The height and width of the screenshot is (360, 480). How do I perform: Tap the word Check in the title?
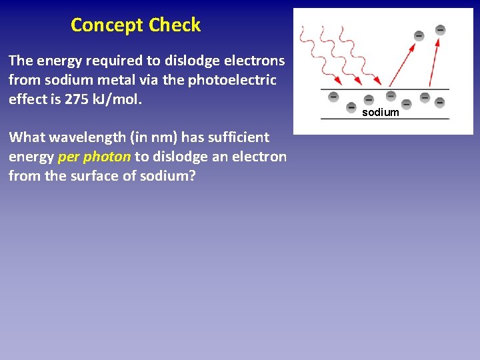[175, 25]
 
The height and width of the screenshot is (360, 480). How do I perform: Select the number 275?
[87, 99]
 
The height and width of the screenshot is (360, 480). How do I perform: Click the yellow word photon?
[107, 157]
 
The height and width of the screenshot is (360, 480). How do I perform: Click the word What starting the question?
[27, 137]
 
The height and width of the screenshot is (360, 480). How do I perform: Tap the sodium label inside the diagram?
[381, 113]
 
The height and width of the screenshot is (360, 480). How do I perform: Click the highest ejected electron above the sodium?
[441, 29]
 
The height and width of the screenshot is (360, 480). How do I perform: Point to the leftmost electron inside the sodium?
[333, 96]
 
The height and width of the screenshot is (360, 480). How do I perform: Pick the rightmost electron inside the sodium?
[440, 102]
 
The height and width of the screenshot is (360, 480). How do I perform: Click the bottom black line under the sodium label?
[385, 119]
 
